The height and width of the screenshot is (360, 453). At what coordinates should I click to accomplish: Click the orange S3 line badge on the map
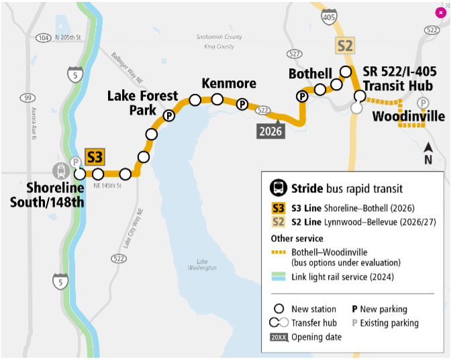pyautogui.click(x=95, y=158)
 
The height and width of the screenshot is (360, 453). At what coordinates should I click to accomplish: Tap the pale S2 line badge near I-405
pyautogui.click(x=345, y=46)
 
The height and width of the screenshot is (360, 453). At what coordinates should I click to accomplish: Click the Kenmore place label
pyautogui.click(x=229, y=84)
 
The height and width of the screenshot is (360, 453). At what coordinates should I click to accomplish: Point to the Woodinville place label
pyautogui.click(x=409, y=117)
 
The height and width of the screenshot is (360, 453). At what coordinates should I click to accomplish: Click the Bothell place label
pyautogui.click(x=310, y=73)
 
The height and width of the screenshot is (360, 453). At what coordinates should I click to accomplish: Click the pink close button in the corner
pyautogui.click(x=440, y=12)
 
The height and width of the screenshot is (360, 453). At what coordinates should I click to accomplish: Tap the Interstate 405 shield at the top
pyautogui.click(x=329, y=18)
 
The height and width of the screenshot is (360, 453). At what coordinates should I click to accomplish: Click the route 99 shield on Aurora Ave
pyautogui.click(x=28, y=99)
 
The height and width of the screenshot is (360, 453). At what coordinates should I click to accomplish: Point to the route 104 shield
pyautogui.click(x=44, y=38)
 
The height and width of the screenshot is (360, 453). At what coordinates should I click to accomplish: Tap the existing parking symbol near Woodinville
pyautogui.click(x=423, y=103)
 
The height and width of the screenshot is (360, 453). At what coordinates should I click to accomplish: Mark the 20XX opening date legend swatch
pyautogui.click(x=278, y=337)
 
